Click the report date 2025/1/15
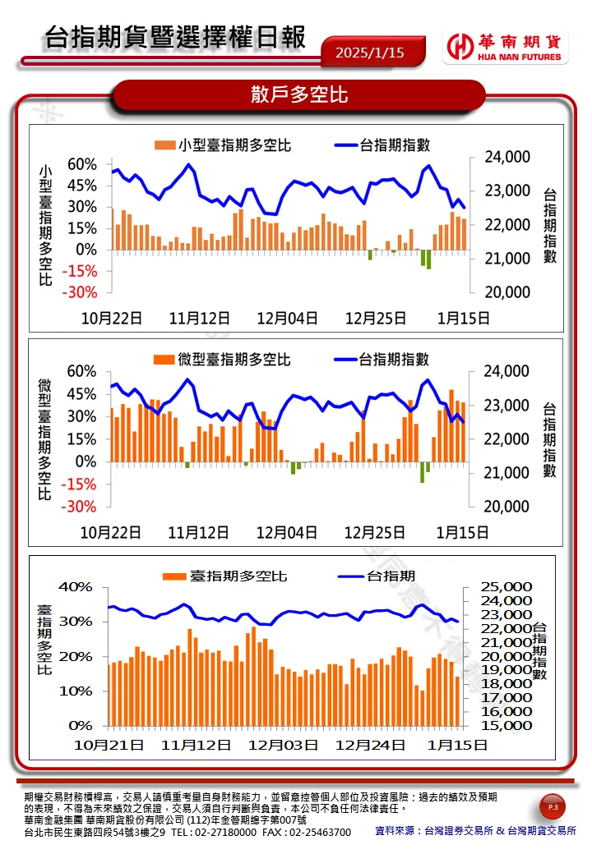[x=370, y=53]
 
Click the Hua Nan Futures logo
[x=504, y=48]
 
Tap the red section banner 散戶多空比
[x=299, y=95]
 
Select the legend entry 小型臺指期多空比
[x=224, y=145]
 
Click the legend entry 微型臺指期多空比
[x=223, y=360]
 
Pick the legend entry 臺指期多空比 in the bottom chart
[x=227, y=576]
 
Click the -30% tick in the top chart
[x=82, y=292]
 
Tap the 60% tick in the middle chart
[x=82, y=372]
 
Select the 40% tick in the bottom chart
[x=75, y=587]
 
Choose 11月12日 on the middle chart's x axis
[x=198, y=532]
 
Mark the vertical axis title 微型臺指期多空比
[x=44, y=438]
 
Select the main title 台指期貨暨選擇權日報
[x=174, y=37]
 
